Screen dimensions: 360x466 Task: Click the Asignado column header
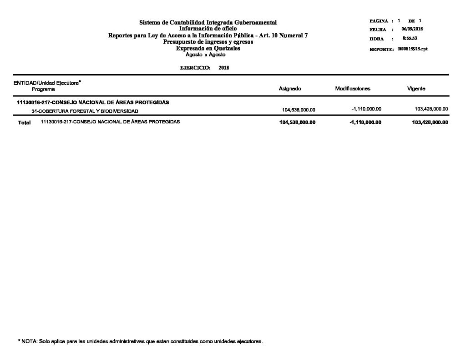coord(289,89)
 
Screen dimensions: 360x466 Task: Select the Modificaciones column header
coord(353,89)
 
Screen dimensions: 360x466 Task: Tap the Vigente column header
coord(416,89)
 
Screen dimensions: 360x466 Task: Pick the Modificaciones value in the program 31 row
coord(366,109)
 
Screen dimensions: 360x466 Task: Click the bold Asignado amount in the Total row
coord(297,122)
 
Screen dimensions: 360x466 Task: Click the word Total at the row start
coord(24,123)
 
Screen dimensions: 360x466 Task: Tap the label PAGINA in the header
coord(379,21)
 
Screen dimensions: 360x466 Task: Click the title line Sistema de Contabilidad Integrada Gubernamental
coord(208,22)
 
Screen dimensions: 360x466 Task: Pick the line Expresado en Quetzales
coord(208,48)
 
